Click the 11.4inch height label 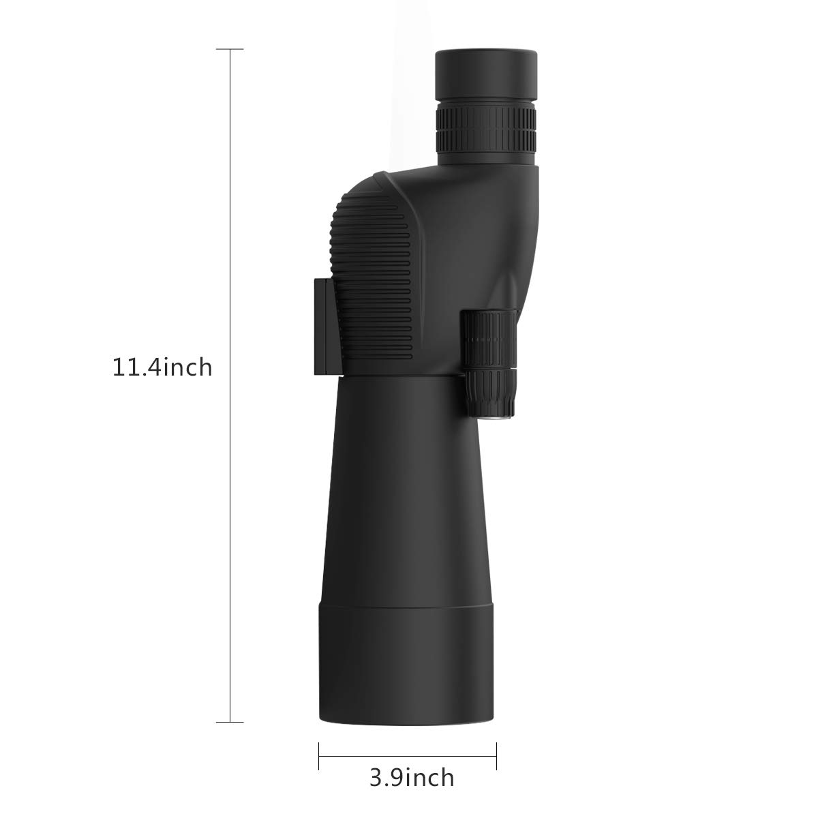click(162, 368)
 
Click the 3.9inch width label click(412, 777)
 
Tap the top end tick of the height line click(230, 50)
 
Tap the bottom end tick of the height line click(230, 722)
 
